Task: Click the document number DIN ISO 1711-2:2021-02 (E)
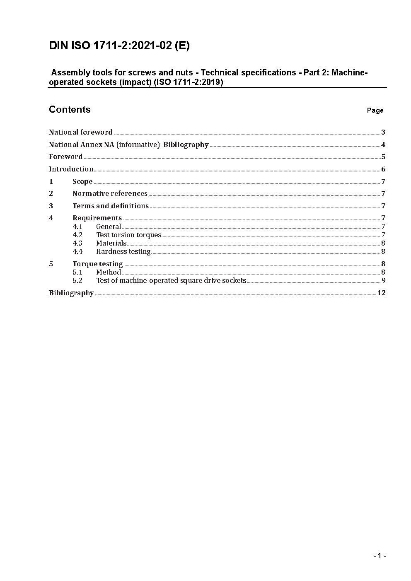coord(119,46)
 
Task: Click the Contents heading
coord(70,109)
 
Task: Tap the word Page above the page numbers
coord(375,110)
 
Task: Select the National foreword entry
coord(81,132)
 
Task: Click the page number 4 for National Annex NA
coord(383,145)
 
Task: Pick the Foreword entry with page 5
coord(66,157)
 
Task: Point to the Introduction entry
coord(71,169)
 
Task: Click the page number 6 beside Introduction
coord(383,169)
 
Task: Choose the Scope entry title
coord(82,181)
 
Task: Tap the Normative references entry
coord(110,193)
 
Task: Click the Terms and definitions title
coord(111,206)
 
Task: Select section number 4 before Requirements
coord(51,218)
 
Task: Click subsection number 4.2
coord(77,235)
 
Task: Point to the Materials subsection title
coord(111,243)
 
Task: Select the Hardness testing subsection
coord(123,251)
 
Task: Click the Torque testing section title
coord(98,264)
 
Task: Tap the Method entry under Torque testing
coord(109,272)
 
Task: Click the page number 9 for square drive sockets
coord(384,280)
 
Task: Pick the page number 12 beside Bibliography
coord(381,293)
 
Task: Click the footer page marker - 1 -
coord(380,556)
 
